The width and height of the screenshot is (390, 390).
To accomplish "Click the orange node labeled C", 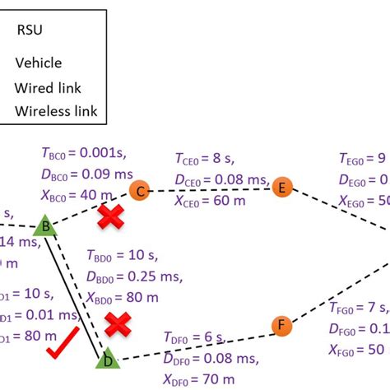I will (139, 191).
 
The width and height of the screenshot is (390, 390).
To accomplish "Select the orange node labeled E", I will (283, 187).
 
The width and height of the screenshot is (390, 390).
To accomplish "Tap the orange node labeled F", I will (281, 326).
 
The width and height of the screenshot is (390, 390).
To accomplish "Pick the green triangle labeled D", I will (106, 359).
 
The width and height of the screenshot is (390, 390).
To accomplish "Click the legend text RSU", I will (30, 31).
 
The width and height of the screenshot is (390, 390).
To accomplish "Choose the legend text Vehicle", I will (38, 63).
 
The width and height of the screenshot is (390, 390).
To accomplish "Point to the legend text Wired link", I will (47, 87).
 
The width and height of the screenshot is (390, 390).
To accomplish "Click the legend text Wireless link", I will (55, 111).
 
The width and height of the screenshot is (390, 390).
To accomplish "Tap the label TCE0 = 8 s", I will (208, 158).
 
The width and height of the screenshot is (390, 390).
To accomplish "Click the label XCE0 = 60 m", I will (212, 199).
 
